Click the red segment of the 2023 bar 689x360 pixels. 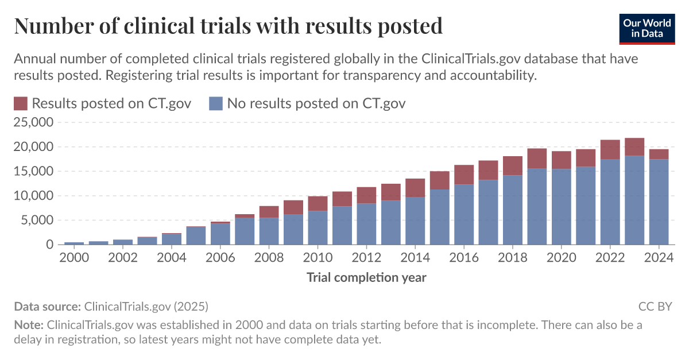point(634,147)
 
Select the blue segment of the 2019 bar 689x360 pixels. point(537,207)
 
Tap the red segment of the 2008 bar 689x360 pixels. point(269,212)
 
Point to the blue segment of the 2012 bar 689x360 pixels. point(366,224)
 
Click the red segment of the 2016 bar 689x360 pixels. point(464,175)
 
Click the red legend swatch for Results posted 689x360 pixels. point(20,104)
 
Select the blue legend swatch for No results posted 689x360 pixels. point(215,104)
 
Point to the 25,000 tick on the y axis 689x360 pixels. point(33,123)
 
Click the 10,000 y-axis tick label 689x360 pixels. point(33,196)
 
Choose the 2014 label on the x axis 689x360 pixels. point(415,258)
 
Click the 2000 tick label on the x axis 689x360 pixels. point(73,258)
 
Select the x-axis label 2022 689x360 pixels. point(610,258)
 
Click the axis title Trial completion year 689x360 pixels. point(366,278)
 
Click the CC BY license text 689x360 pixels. point(655,306)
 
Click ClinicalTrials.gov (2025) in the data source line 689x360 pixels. point(146,306)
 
